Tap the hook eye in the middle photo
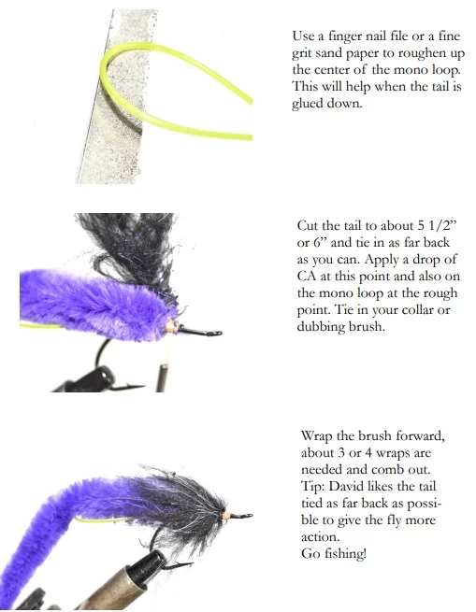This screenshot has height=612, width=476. tap(214, 332)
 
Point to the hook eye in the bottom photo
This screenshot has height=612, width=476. tap(245, 514)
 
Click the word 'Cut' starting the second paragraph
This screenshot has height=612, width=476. tap(308, 227)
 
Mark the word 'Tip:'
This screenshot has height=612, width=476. tap(315, 488)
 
